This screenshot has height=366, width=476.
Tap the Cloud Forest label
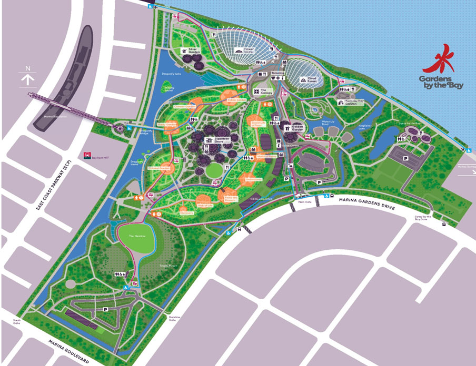coord(311,80)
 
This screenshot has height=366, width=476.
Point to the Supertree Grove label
coord(215,140)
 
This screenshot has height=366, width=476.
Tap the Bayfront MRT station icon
coord(87,156)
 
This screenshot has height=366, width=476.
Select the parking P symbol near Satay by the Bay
coord(406,158)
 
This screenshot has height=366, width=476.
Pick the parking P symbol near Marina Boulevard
coord(105,310)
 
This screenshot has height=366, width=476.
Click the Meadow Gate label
coord(175,319)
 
